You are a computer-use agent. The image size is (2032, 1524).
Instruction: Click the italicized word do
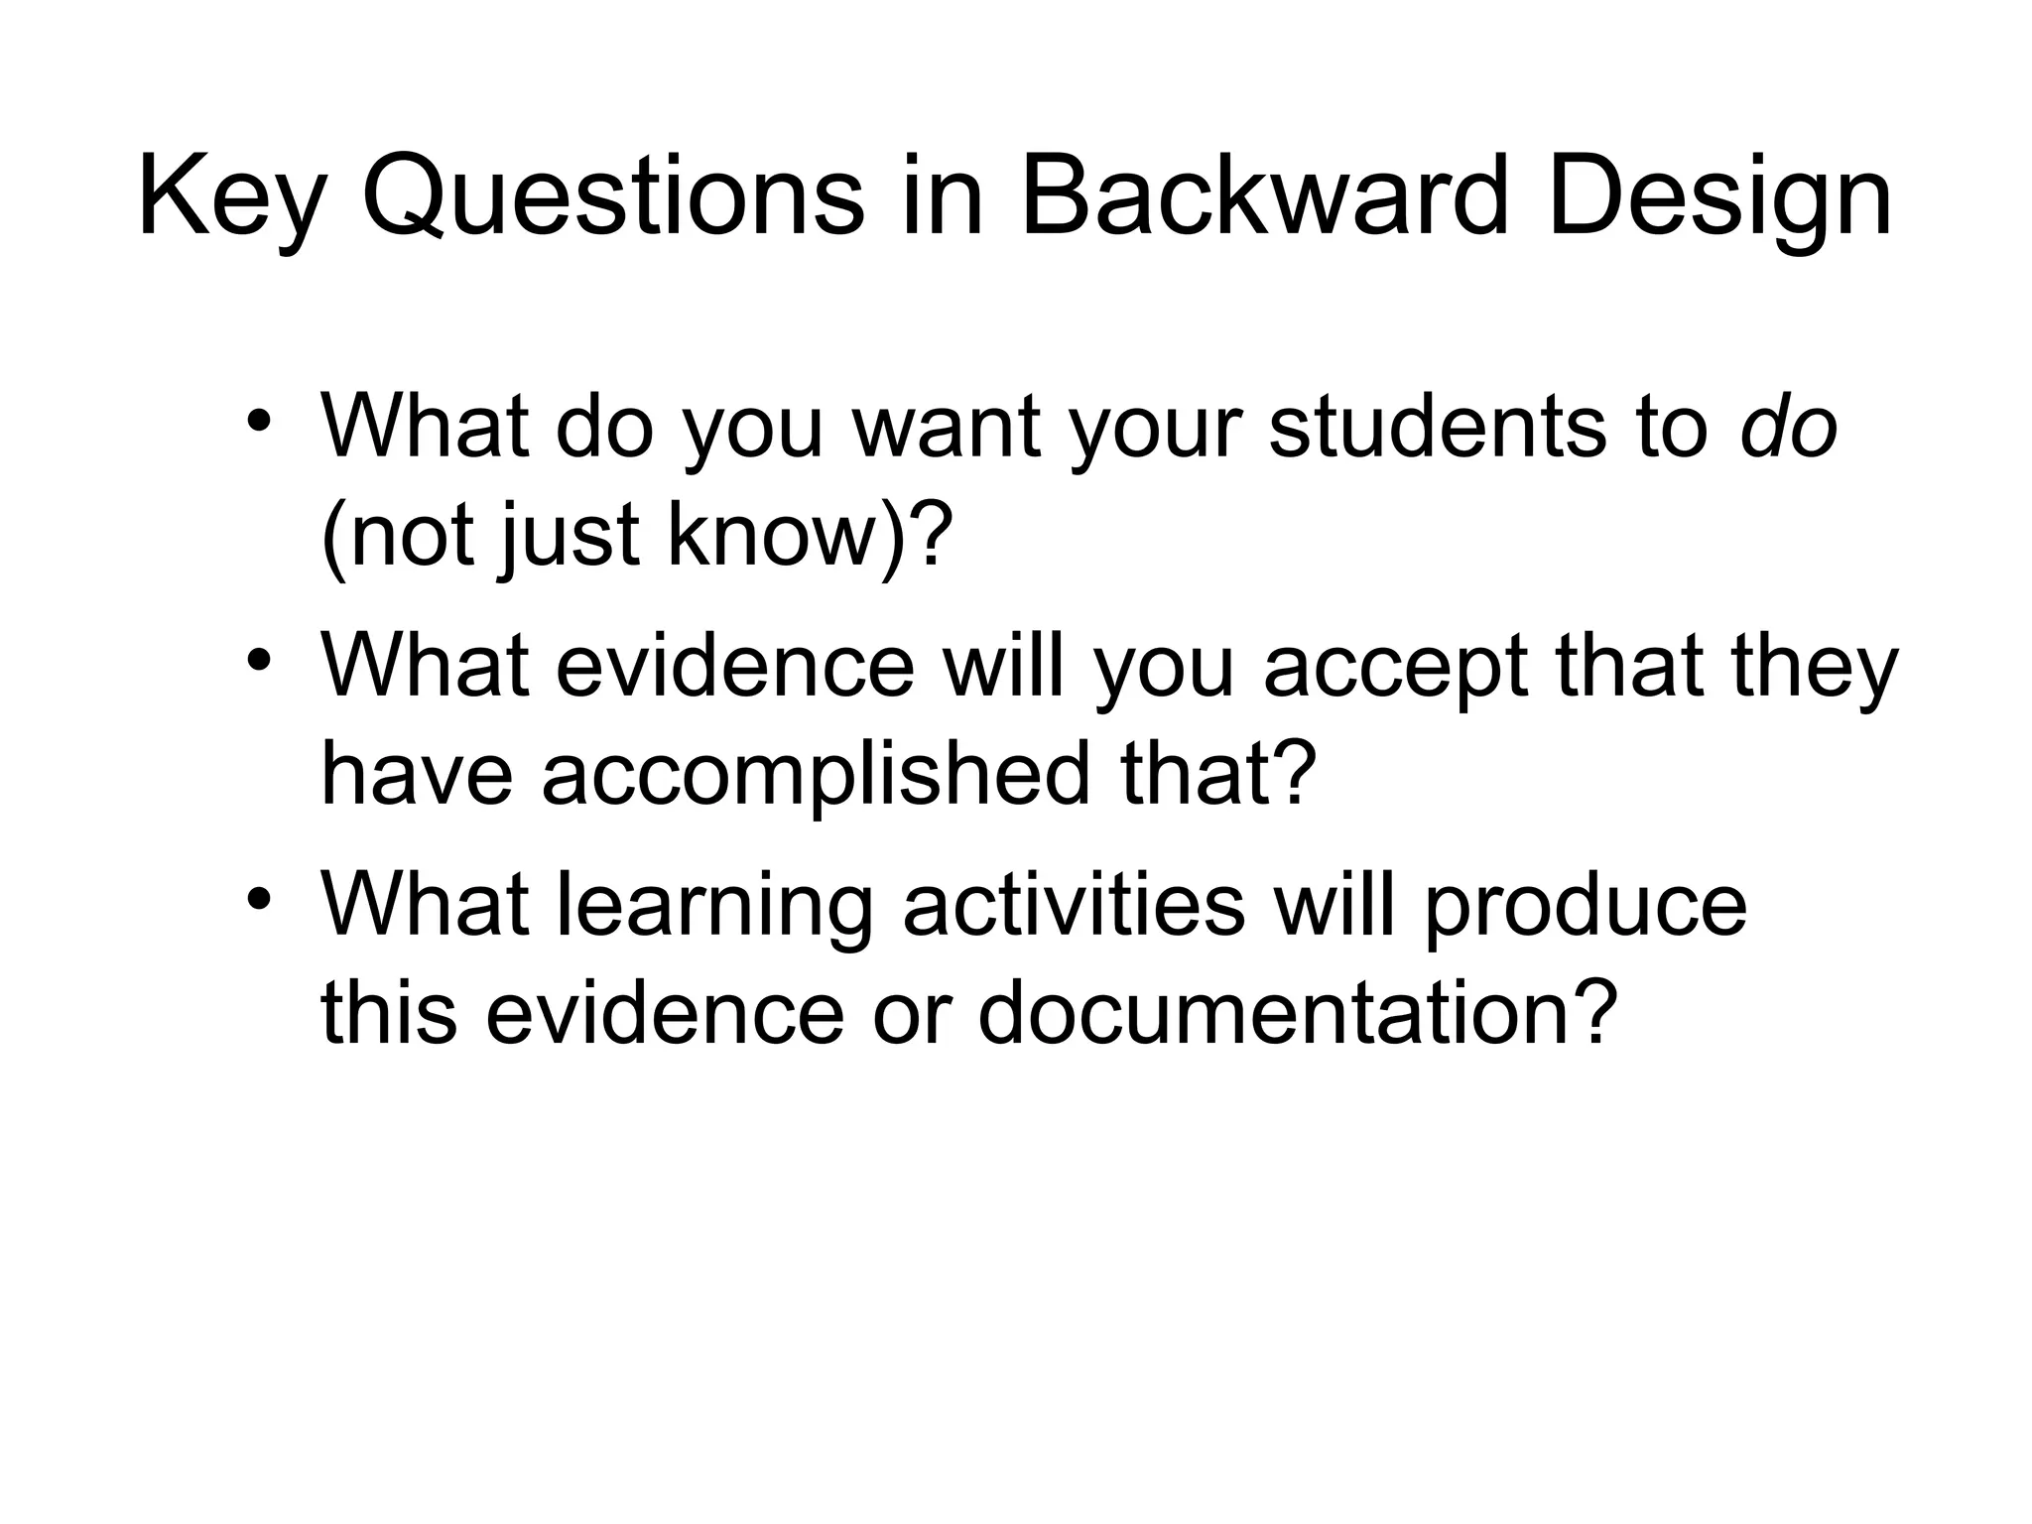[x=1789, y=427]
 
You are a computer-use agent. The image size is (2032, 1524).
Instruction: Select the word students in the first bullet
[x=1437, y=427]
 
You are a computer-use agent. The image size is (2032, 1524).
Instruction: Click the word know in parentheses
[x=774, y=536]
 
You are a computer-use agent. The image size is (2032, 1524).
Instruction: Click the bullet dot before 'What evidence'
[x=259, y=659]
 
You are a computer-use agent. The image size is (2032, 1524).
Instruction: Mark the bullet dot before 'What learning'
[x=259, y=899]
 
